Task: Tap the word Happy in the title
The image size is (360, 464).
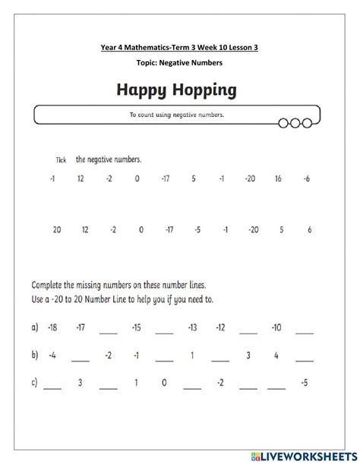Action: point(140,92)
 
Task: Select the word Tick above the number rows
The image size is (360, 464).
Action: point(62,161)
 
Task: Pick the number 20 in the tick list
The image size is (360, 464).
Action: point(56,229)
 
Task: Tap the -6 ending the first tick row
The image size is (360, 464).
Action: point(306,179)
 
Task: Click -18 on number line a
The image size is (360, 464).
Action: point(52,327)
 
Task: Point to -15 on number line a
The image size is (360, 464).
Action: point(136,327)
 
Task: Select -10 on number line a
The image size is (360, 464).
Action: point(276,327)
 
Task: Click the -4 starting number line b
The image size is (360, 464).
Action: point(52,355)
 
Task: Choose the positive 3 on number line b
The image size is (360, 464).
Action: point(248,355)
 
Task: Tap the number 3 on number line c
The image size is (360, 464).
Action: point(80,383)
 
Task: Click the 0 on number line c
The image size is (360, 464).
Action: point(164,383)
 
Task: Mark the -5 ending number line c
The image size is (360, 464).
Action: point(305,383)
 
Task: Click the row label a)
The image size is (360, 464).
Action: point(34,327)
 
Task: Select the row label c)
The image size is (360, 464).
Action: point(34,383)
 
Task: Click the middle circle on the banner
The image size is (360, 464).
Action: point(295,122)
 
